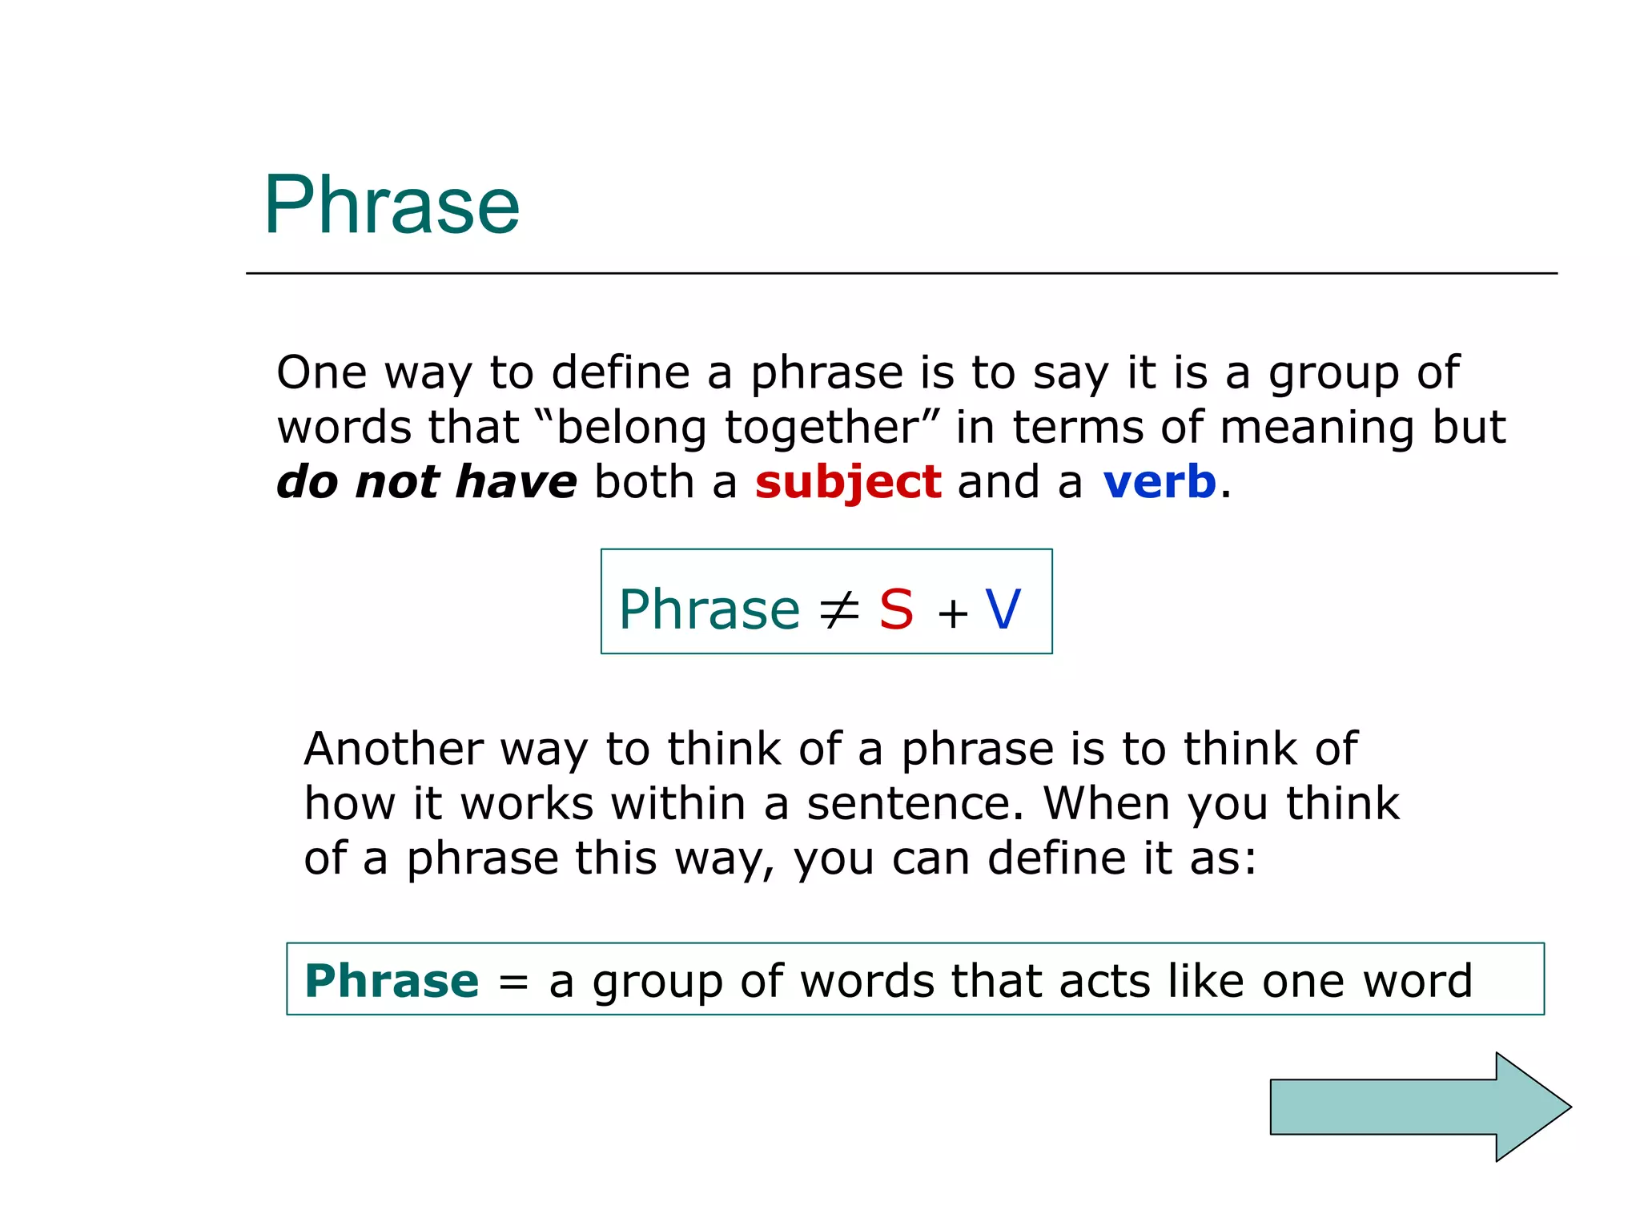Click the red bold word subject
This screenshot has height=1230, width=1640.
(x=847, y=482)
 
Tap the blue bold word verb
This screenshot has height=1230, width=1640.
(x=1159, y=482)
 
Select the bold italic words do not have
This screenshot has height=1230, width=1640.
(x=426, y=482)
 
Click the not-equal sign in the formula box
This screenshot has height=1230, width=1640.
(x=838, y=610)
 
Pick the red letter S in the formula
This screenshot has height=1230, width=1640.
(x=896, y=610)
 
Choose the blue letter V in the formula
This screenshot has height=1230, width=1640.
(x=1003, y=610)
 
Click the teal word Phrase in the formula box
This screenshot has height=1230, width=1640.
(x=709, y=610)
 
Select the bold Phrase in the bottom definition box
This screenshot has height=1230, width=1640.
(x=392, y=981)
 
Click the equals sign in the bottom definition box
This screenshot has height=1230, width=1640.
(x=513, y=983)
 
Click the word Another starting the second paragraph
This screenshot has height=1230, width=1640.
(x=393, y=750)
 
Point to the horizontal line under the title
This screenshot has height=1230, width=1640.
(x=901, y=273)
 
